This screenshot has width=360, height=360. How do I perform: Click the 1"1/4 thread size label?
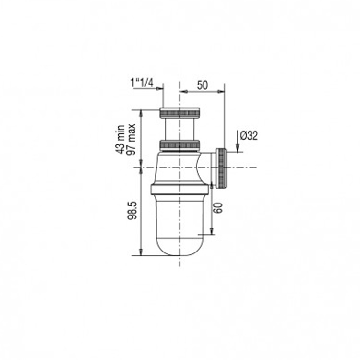click(x=142, y=83)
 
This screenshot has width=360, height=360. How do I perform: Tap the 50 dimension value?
click(x=202, y=85)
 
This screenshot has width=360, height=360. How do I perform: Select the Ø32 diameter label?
click(x=249, y=135)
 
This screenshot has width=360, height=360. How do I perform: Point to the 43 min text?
click(x=120, y=139)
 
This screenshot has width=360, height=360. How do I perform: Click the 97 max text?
click(x=132, y=139)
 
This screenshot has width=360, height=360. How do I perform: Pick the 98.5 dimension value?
click(x=132, y=211)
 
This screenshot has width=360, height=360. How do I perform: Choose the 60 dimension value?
click(x=218, y=208)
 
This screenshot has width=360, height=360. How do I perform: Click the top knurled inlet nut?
click(x=180, y=113)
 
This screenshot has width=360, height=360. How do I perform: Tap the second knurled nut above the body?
click(x=180, y=144)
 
